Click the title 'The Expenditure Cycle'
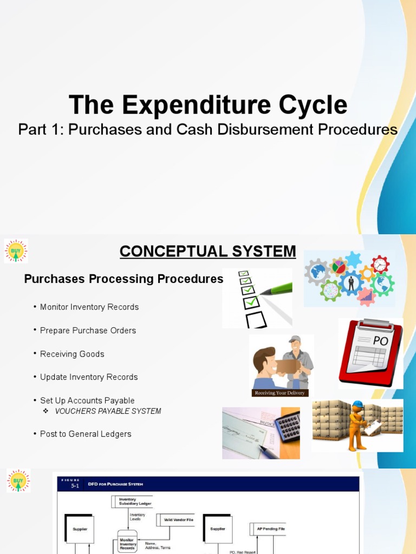pyautogui.click(x=208, y=104)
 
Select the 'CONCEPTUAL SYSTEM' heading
pyautogui.click(x=208, y=252)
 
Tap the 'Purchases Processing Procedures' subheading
pyautogui.click(x=123, y=279)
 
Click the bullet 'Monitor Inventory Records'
pyautogui.click(x=89, y=307)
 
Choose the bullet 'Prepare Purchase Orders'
pyautogui.click(x=88, y=330)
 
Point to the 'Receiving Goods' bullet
pyautogui.click(x=72, y=354)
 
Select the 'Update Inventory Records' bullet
pyautogui.click(x=89, y=377)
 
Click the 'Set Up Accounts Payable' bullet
pyautogui.click(x=87, y=400)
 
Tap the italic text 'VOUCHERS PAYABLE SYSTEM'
pyautogui.click(x=108, y=411)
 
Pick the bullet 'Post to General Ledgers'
pyautogui.click(x=86, y=434)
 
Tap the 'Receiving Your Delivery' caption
pyautogui.click(x=279, y=393)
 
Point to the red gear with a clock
pyautogui.click(x=380, y=264)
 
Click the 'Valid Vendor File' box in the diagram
pyautogui.click(x=175, y=520)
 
